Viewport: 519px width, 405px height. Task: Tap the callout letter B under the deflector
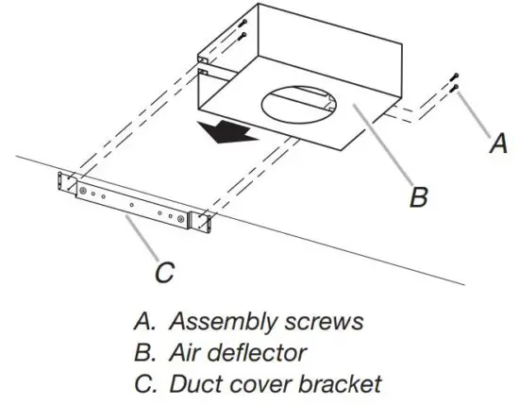420,197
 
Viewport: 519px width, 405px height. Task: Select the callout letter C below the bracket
163,273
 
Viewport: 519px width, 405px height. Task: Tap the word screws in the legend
323,321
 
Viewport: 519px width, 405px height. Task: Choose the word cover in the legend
253,384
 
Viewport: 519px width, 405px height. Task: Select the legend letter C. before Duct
143,384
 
